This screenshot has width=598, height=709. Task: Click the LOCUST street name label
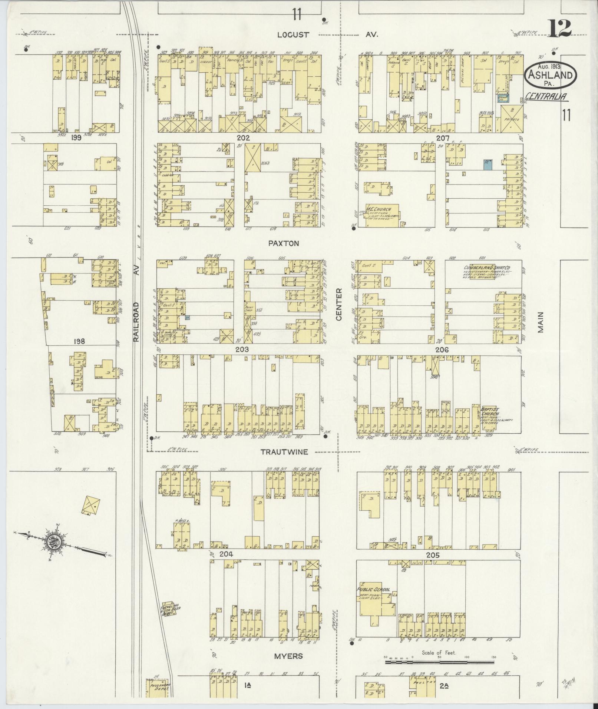[293, 35]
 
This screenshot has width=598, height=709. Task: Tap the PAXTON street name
[284, 243]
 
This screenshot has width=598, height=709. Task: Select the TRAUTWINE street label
[284, 452]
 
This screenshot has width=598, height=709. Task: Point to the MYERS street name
[288, 656]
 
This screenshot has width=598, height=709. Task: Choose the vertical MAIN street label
[541, 322]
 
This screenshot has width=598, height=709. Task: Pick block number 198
[79, 341]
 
